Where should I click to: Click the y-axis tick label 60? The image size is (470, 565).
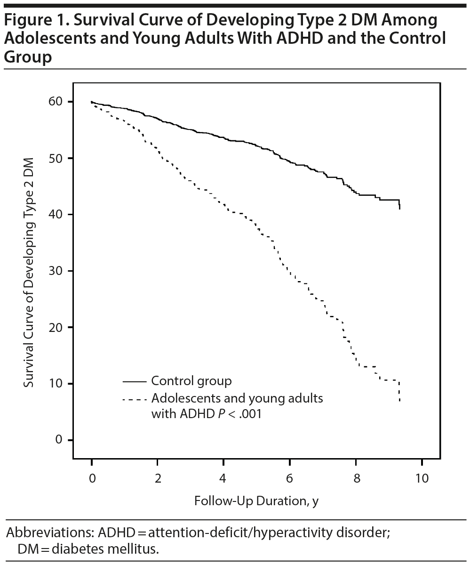click(57, 102)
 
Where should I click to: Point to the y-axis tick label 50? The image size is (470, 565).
click(57, 158)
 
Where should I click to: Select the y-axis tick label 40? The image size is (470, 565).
click(57, 215)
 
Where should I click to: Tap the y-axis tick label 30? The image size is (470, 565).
click(57, 271)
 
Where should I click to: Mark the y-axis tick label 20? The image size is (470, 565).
click(57, 327)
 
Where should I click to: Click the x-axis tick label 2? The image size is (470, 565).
click(158, 478)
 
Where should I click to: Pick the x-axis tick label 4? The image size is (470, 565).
click(223, 478)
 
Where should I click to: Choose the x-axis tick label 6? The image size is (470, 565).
click(290, 478)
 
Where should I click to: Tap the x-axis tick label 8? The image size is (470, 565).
click(356, 478)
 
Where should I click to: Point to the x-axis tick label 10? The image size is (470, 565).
click(422, 478)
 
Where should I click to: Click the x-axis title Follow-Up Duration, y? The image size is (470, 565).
click(256, 501)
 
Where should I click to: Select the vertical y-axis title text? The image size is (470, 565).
click(29, 272)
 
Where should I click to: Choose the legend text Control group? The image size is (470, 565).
click(191, 380)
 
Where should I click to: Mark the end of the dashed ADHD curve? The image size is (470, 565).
click(399, 401)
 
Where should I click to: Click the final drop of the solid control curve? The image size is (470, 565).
click(399, 205)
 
